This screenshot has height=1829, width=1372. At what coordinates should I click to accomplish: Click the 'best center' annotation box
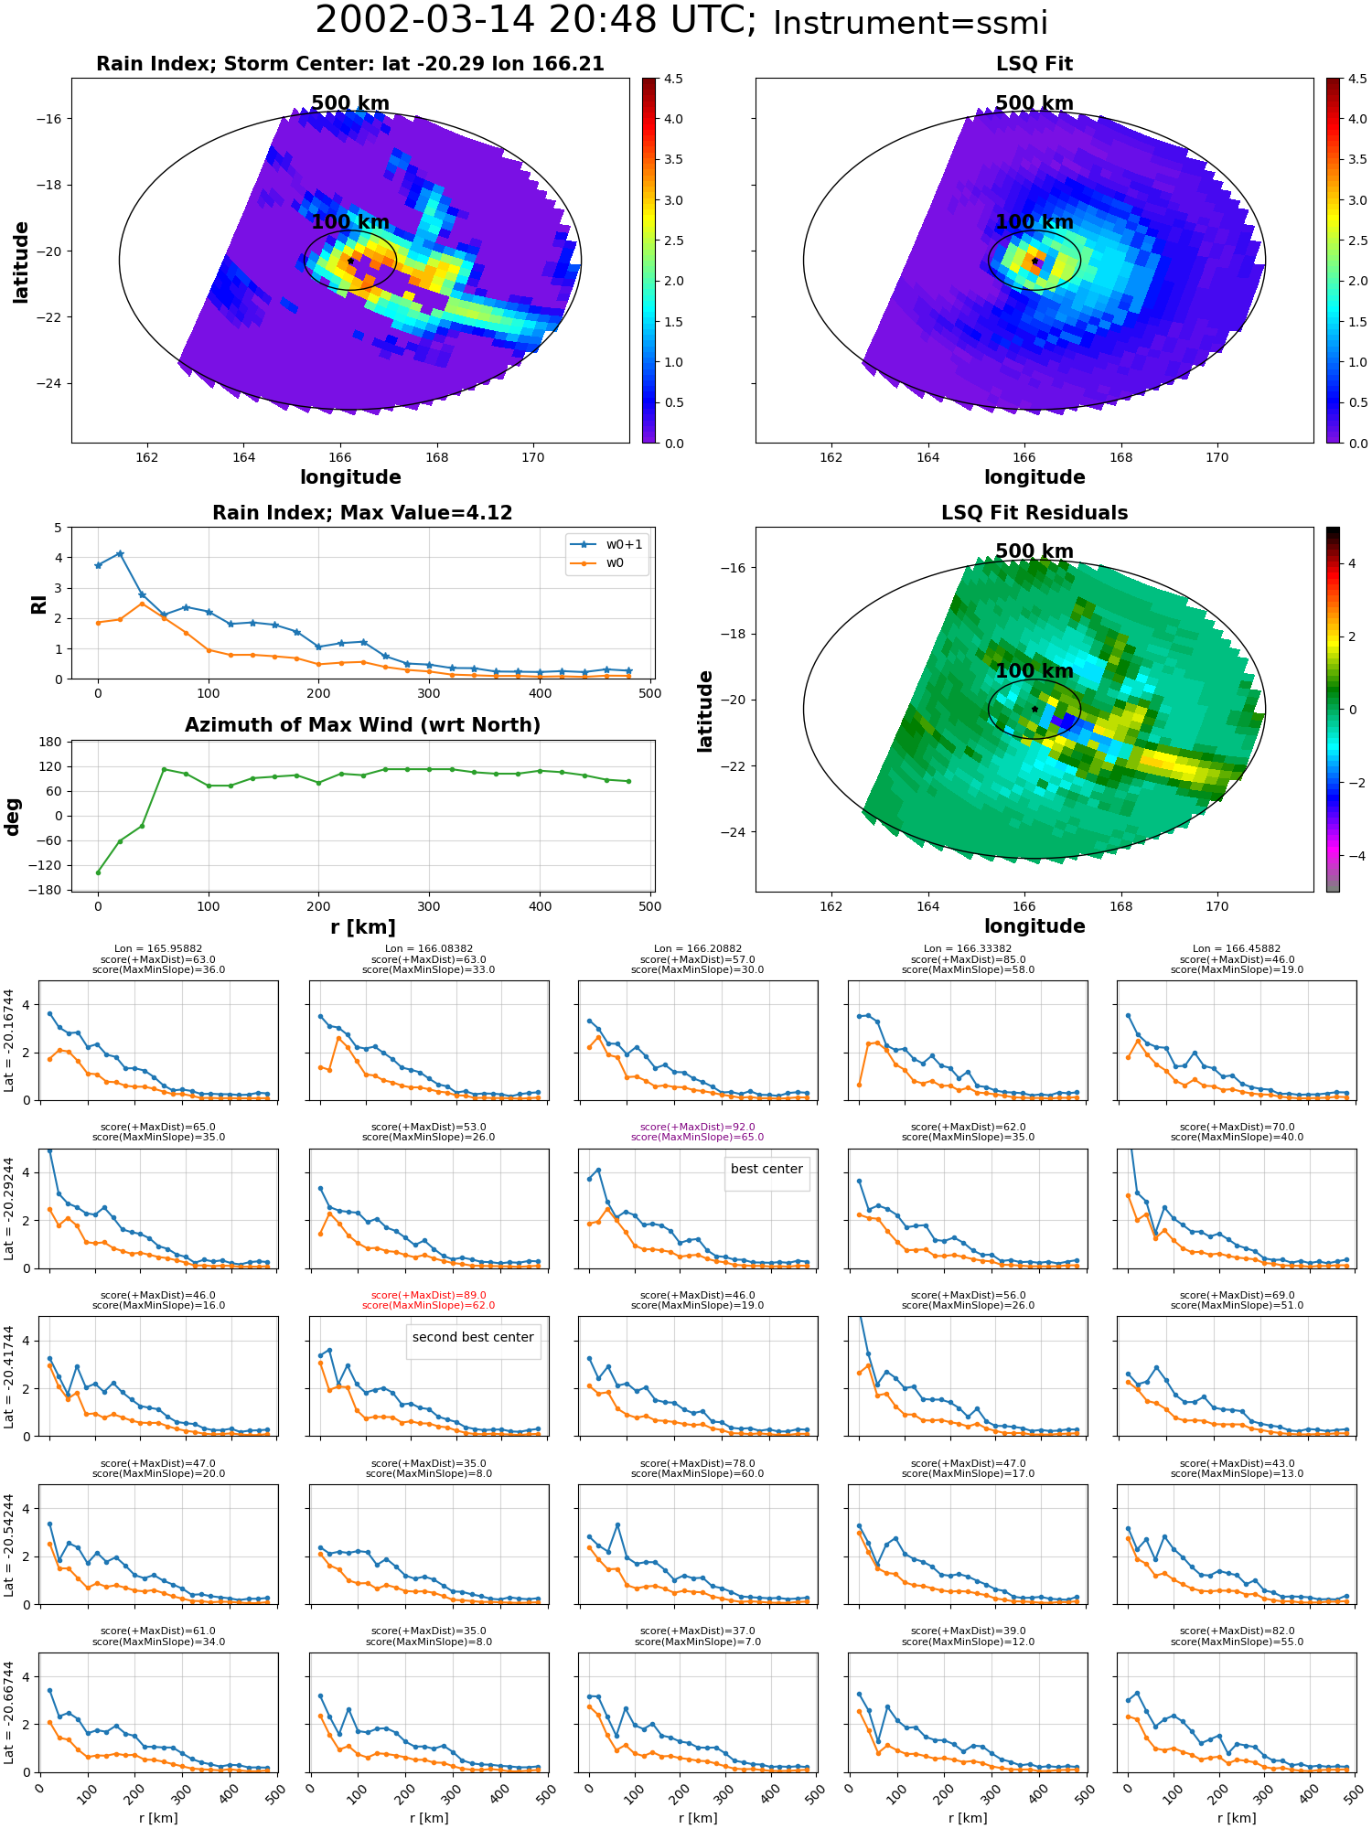[x=766, y=1170]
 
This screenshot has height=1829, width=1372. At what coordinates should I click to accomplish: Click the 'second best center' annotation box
[x=473, y=1338]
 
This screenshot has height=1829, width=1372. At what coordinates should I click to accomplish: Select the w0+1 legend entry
[x=606, y=544]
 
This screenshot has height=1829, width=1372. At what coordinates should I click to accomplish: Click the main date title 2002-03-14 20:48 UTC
[x=536, y=20]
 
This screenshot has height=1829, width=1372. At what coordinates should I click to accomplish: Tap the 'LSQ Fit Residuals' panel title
[x=1034, y=513]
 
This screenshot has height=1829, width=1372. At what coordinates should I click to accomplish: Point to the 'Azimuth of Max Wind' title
[x=363, y=725]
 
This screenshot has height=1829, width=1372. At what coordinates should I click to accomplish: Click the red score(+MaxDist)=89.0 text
[x=428, y=1295]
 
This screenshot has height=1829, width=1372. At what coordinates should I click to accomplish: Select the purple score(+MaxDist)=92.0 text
[x=698, y=1127]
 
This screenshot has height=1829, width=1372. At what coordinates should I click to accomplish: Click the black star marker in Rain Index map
[x=350, y=261]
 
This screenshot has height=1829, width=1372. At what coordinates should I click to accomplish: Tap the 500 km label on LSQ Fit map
[x=1034, y=103]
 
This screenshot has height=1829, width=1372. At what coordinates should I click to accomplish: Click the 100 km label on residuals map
[x=1034, y=671]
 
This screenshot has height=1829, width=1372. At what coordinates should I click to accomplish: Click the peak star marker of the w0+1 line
[x=120, y=554]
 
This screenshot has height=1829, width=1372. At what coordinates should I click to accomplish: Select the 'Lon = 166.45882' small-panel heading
[x=1237, y=949]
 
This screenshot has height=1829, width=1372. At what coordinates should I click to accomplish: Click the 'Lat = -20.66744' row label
[x=9, y=1713]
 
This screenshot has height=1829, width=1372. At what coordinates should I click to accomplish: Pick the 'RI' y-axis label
[x=39, y=604]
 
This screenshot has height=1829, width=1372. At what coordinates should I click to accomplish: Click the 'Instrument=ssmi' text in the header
[x=910, y=24]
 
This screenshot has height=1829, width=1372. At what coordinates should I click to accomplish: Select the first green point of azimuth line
[x=98, y=872]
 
